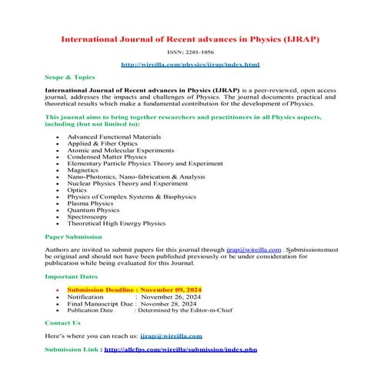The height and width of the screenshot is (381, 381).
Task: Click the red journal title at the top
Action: click(190, 38)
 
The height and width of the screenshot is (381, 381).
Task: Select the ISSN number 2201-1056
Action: click(190, 52)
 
